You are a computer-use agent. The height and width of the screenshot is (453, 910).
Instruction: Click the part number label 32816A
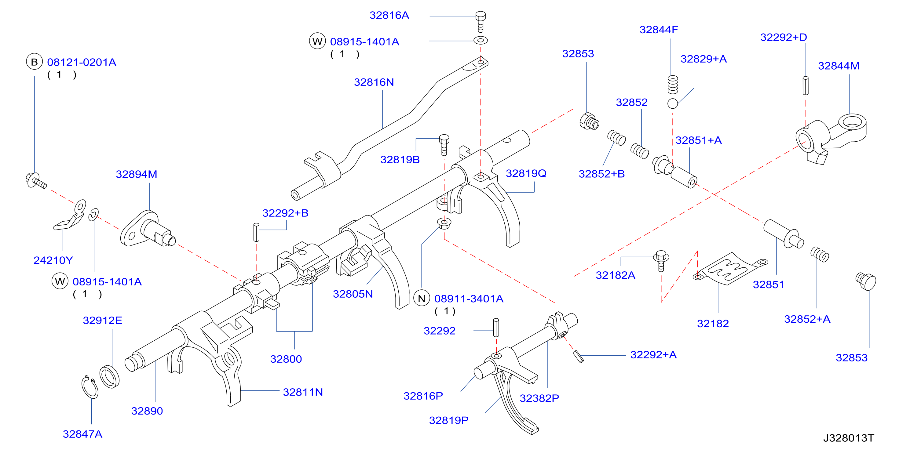pos(389,16)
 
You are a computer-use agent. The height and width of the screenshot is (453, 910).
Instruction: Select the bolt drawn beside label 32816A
pos(481,22)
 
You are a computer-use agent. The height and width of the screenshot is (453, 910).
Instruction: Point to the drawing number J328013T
pos(849,438)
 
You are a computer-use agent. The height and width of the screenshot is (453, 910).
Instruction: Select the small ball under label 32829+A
pos(673,103)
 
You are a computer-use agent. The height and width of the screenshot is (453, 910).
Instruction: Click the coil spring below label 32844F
pos(673,85)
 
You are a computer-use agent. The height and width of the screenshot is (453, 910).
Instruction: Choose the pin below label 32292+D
pos(806,86)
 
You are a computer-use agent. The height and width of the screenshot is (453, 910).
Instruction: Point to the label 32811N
pos(303,392)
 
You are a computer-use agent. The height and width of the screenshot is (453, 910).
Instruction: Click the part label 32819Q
pos(526,173)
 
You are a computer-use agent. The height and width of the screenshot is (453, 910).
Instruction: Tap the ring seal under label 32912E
pos(109,377)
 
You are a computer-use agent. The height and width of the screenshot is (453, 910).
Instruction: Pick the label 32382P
pos(539,398)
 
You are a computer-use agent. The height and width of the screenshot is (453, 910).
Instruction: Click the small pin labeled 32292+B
pos(257,232)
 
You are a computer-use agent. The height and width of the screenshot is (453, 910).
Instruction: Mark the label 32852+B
pos(601,174)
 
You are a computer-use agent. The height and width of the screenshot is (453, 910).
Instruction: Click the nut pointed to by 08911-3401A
pos(444,223)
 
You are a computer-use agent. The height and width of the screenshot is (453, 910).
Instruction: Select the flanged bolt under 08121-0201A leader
pos(36,180)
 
